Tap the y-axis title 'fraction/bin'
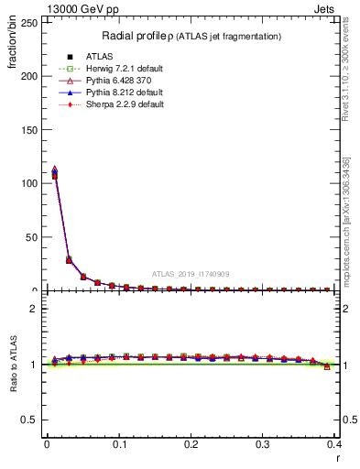[13, 50]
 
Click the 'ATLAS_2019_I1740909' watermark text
[190, 274]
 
